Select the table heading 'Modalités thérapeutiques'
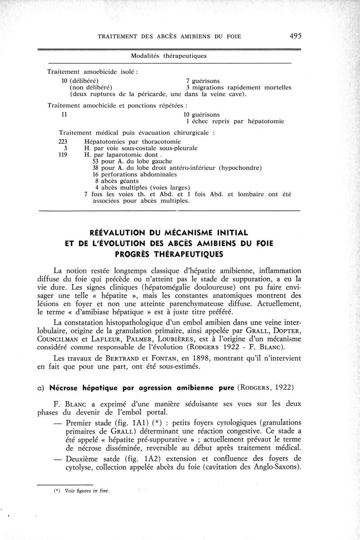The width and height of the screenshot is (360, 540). pyautogui.click(x=169, y=56)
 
